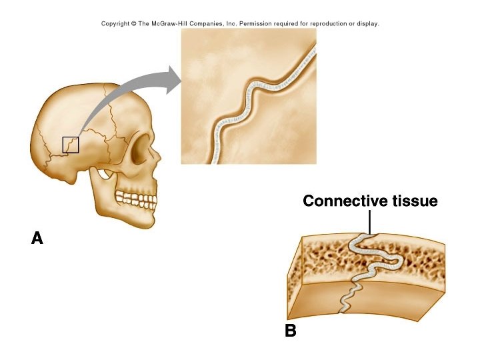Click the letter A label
click(37, 238)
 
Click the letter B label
click(291, 330)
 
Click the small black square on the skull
click(71, 145)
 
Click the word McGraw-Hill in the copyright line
click(174, 24)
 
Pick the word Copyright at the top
click(116, 24)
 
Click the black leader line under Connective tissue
click(369, 221)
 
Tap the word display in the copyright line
click(366, 24)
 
